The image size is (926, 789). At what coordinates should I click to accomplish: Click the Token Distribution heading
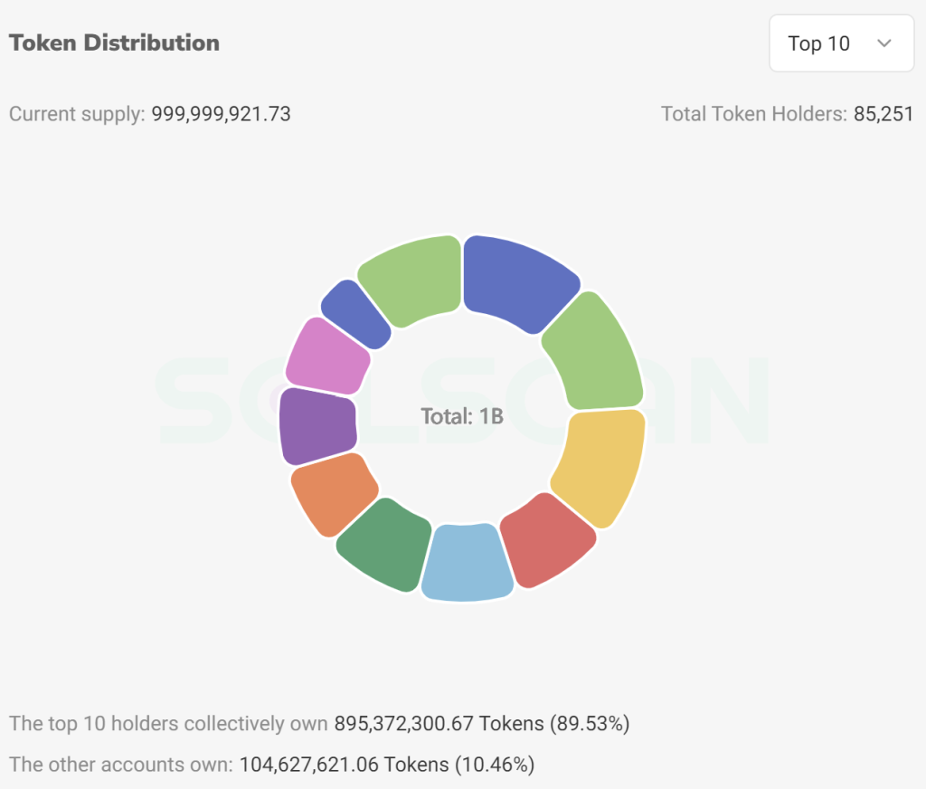(114, 43)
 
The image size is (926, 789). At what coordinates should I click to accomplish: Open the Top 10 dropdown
(841, 43)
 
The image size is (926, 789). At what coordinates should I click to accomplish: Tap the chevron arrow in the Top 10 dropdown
(884, 43)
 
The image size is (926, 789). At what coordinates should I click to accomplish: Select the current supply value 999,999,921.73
(221, 114)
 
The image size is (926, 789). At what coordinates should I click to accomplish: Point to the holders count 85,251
(883, 114)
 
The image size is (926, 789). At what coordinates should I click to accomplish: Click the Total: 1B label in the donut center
(462, 417)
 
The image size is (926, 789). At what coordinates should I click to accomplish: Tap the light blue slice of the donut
(466, 563)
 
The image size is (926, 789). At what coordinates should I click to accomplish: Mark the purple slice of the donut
(311, 425)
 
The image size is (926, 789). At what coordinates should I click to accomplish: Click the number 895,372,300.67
(404, 724)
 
